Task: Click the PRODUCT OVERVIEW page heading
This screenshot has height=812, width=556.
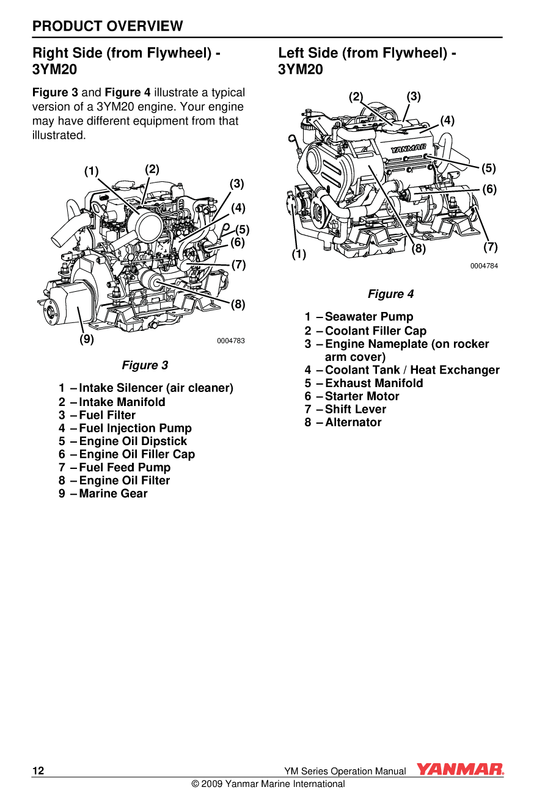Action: point(108,26)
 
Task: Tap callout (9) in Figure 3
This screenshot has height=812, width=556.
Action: point(87,339)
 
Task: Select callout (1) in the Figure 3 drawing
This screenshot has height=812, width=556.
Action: point(91,171)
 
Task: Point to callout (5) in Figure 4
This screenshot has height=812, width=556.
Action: point(488,168)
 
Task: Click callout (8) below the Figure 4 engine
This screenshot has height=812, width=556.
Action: point(419,248)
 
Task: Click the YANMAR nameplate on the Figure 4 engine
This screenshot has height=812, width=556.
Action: point(408,148)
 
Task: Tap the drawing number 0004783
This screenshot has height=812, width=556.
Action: point(231,341)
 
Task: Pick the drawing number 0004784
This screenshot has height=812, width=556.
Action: point(484,266)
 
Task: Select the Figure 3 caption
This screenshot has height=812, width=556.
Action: point(145,365)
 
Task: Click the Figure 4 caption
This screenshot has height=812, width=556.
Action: point(390,294)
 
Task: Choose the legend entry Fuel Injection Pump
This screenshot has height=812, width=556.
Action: point(135,428)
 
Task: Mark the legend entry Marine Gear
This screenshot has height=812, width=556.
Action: point(113,493)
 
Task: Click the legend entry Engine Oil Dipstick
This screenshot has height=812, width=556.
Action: point(133,441)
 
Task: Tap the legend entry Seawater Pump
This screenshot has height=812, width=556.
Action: point(369,316)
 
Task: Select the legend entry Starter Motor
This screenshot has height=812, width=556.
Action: point(362,396)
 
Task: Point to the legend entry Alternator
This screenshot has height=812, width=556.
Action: point(353,422)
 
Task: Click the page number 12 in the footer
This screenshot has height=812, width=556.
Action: point(38,770)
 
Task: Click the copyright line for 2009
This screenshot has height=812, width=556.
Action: point(268,784)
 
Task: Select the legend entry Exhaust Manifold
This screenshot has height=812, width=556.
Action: point(374,383)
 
